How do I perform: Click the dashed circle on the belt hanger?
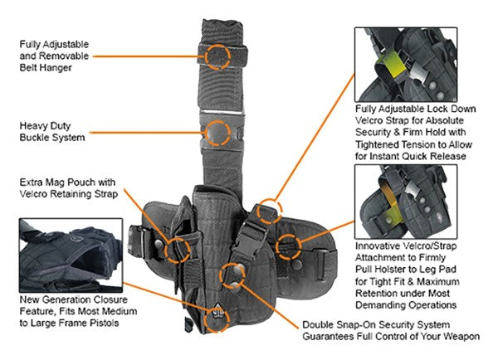pyautogui.click(x=217, y=56)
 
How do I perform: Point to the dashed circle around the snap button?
pyautogui.click(x=232, y=275)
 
